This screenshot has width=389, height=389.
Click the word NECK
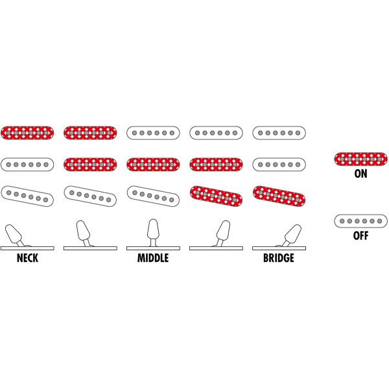pos(28,258)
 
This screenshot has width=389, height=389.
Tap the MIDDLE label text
pos(153,258)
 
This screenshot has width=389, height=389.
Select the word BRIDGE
pos(279,258)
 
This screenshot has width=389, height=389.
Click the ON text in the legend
pos(360,174)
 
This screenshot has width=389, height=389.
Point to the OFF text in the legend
pos(360,236)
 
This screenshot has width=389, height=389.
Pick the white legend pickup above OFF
pos(360,221)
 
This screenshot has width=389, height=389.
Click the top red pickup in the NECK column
pos(28,132)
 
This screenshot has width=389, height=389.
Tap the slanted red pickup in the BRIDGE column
pos(279,196)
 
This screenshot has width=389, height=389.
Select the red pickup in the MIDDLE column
pos(153,163)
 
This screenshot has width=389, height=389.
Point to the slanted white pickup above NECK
pos(28,196)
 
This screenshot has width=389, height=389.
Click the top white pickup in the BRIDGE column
pos(279,132)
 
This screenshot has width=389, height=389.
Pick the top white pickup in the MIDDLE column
pos(153,132)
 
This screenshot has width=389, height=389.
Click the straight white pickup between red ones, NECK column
pos(28,163)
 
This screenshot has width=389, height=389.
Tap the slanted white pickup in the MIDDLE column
pos(153,196)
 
